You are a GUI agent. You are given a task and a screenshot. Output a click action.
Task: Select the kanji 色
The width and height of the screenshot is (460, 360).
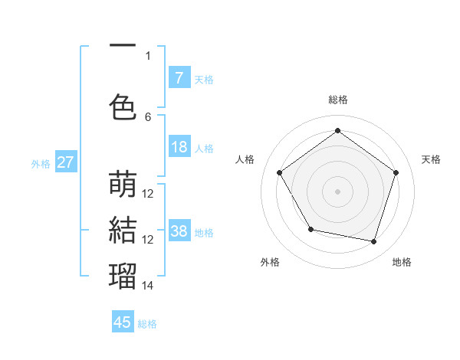(x=123, y=106)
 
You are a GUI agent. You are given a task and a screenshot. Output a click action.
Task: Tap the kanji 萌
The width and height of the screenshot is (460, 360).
(x=123, y=185)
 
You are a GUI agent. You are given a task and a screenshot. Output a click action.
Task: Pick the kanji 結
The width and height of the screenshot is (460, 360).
(x=123, y=229)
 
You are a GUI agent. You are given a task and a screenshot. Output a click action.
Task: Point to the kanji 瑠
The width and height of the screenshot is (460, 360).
(x=123, y=274)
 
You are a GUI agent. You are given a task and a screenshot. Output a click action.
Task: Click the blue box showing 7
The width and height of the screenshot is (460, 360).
(x=179, y=78)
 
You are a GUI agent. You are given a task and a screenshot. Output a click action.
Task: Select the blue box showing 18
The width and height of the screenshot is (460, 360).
(x=179, y=148)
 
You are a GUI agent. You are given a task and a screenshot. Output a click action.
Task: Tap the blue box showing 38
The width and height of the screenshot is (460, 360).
(x=179, y=231)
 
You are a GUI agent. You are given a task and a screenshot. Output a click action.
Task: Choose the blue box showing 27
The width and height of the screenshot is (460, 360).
(x=65, y=162)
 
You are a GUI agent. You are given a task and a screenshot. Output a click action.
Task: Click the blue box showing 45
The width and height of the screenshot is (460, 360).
(x=123, y=322)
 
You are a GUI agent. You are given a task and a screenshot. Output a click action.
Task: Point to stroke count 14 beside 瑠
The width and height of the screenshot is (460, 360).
(x=148, y=285)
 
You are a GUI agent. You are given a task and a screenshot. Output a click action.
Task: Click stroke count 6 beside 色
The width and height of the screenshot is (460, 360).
(x=148, y=116)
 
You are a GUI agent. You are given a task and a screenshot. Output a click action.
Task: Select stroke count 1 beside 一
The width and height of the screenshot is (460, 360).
(x=148, y=55)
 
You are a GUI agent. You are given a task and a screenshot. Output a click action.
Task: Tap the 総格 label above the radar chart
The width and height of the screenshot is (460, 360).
(x=337, y=100)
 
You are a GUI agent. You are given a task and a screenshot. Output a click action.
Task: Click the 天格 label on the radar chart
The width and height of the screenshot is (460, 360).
(x=431, y=159)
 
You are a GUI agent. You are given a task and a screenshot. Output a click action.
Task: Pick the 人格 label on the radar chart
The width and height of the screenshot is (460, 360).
(x=245, y=159)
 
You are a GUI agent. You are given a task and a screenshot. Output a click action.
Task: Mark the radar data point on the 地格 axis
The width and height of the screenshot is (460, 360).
(x=374, y=241)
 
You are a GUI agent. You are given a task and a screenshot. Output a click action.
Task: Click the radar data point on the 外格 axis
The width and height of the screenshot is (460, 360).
(x=310, y=229)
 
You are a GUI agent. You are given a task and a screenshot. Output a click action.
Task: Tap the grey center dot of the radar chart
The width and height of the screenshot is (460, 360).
(x=337, y=191)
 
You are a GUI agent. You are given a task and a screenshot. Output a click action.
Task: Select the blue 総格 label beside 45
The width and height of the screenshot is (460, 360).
(x=147, y=324)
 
